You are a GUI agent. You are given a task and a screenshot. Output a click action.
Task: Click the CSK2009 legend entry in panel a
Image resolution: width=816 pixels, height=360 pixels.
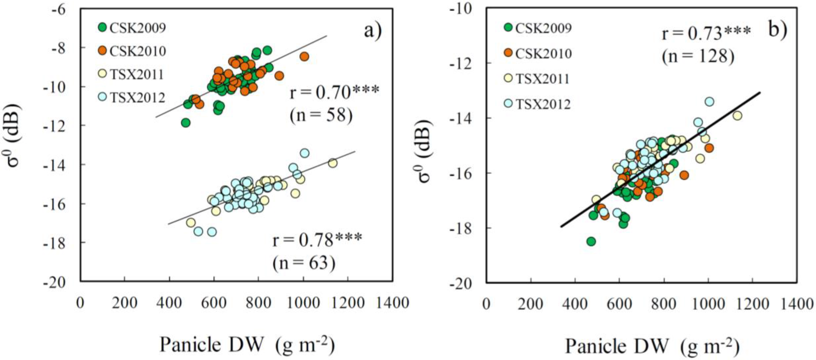tap(131, 28)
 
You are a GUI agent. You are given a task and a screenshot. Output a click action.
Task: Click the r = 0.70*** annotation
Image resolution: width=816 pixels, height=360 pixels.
tap(334, 92)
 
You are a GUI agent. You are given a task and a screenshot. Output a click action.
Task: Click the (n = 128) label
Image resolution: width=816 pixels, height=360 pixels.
tap(698, 57)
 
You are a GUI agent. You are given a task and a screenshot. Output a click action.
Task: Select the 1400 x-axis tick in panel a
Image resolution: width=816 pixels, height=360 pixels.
tap(393, 303)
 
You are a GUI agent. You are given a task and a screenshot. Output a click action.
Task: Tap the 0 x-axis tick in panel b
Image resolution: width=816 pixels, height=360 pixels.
tap(486, 304)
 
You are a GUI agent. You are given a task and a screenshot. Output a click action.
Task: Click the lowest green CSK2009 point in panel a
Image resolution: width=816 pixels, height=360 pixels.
tap(186, 123)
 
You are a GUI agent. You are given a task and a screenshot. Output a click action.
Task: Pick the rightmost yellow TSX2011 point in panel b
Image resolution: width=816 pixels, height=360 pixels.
tap(737, 116)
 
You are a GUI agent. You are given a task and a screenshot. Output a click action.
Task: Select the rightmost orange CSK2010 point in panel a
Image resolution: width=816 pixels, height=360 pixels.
tap(304, 57)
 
